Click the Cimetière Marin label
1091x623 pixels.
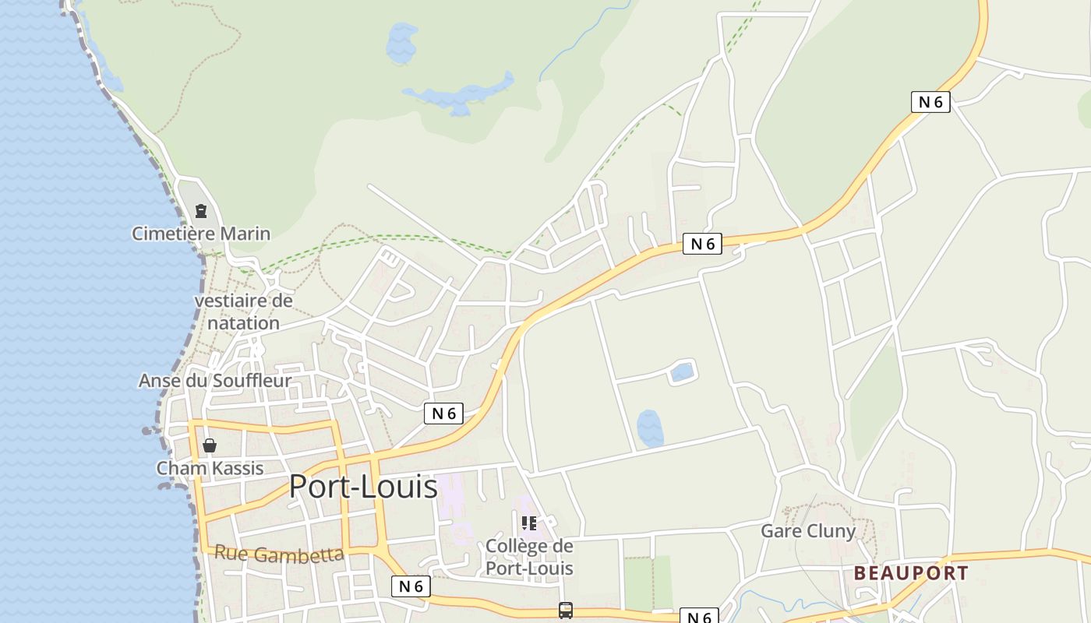pos(201,234)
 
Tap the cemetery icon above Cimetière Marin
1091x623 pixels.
pos(201,211)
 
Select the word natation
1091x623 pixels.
pos(243,322)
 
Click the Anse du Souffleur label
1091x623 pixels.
pos(215,381)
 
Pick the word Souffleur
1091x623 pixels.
pos(252,381)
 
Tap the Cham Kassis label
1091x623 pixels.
pos(210,468)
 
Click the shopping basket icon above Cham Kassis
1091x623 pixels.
pos(210,445)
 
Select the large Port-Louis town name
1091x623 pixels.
pos(363,487)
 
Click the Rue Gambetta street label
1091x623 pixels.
pos(278,554)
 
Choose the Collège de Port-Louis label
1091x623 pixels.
pos(529,557)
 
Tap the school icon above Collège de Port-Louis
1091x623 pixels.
pos(529,523)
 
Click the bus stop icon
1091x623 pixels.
pos(566,611)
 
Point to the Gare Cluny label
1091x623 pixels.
pos(808,531)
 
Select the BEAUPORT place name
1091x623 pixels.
pos(911,573)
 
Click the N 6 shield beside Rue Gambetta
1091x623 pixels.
pos(411,586)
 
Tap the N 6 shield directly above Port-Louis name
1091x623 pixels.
pos(443,414)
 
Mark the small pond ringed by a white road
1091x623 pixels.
pos(682,372)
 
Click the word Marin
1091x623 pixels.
pos(245,234)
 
